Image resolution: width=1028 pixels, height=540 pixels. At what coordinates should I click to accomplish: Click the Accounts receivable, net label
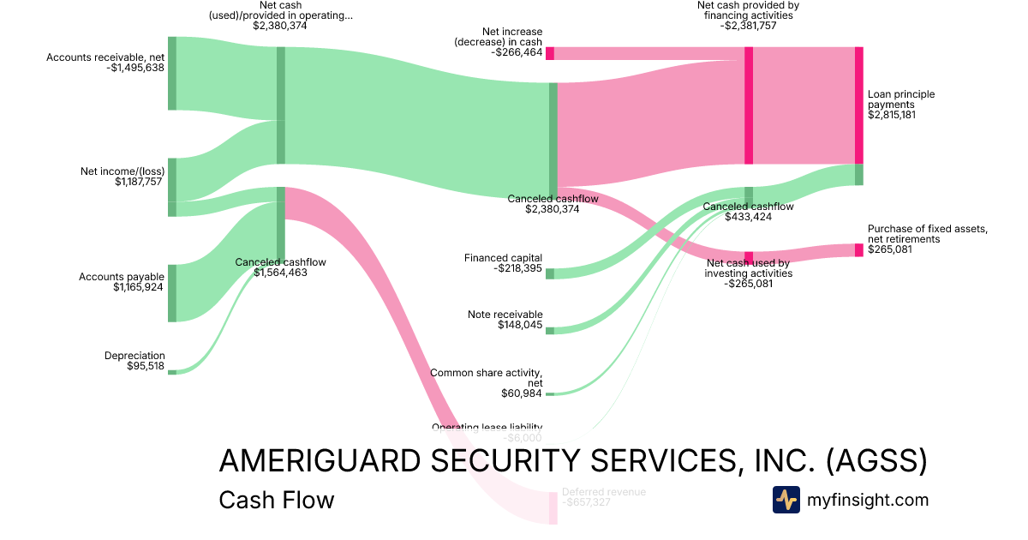point(105,57)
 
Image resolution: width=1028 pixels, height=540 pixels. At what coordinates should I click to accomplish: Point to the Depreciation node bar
point(171,372)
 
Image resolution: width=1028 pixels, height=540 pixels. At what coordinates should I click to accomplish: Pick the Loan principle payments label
point(901,99)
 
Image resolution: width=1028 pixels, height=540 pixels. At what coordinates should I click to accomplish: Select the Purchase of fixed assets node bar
point(858,250)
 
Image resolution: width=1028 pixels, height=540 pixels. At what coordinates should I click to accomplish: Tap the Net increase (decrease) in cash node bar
point(550,53)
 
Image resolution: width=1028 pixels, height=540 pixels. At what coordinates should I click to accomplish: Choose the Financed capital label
point(503,257)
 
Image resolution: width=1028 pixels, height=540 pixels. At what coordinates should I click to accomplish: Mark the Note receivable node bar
point(550,330)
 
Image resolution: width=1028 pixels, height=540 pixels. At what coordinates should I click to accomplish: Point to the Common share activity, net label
point(486,378)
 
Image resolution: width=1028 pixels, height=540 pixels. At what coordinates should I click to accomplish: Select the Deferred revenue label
point(604,492)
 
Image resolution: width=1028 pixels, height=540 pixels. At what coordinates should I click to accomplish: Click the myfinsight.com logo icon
point(786,500)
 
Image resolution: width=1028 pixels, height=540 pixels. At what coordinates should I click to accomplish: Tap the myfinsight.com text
point(868,500)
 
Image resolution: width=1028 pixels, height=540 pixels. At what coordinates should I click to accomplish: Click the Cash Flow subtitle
point(277,500)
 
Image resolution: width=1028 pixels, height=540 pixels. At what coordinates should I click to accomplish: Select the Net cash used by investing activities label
point(748,268)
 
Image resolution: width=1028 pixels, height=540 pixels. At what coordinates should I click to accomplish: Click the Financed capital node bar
point(550,273)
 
